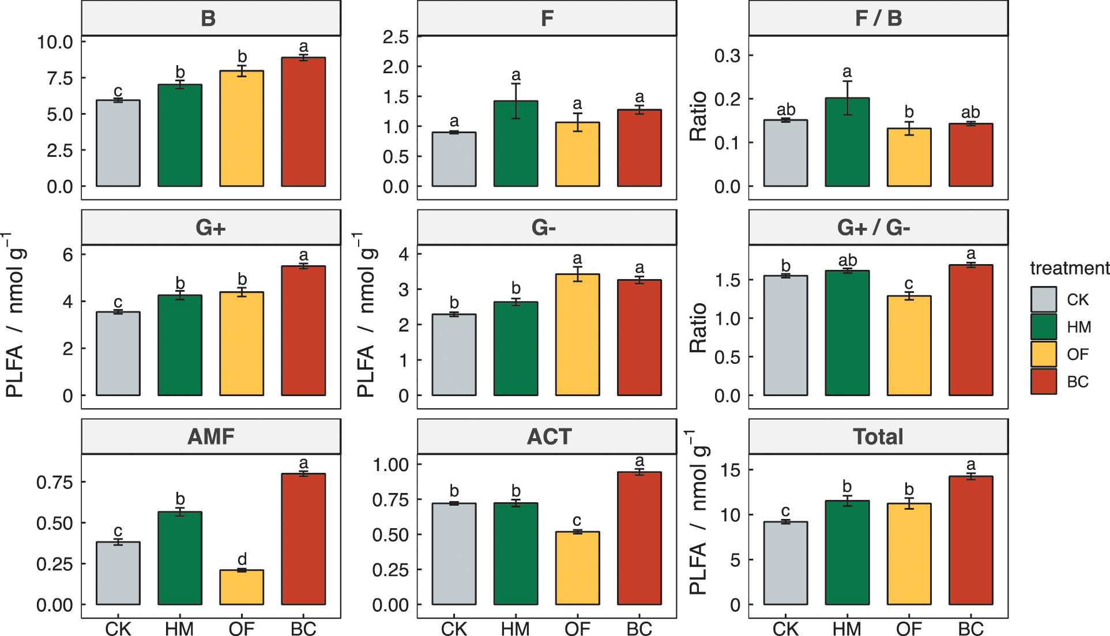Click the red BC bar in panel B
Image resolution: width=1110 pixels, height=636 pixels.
click(x=303, y=122)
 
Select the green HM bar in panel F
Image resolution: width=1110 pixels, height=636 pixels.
click(x=516, y=144)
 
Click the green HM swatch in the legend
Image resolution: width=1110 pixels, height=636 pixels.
click(x=1043, y=327)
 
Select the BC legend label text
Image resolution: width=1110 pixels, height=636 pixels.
click(x=1077, y=382)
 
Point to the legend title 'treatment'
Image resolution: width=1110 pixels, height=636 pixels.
click(x=1069, y=268)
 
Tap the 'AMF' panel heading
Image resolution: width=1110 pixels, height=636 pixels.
click(x=211, y=436)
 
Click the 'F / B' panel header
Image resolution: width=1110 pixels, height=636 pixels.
click(x=878, y=18)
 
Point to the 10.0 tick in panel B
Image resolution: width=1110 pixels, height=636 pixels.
click(x=55, y=42)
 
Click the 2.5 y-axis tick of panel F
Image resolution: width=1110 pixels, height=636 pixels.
click(x=396, y=37)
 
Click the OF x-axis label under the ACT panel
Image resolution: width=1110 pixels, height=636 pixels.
click(x=577, y=629)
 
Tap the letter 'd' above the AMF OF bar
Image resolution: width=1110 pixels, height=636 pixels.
click(x=242, y=559)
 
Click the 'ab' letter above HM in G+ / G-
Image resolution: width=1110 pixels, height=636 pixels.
click(x=847, y=261)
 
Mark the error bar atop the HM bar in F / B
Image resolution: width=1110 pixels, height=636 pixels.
click(x=847, y=98)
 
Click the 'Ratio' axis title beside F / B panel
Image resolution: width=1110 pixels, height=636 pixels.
click(x=698, y=116)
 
